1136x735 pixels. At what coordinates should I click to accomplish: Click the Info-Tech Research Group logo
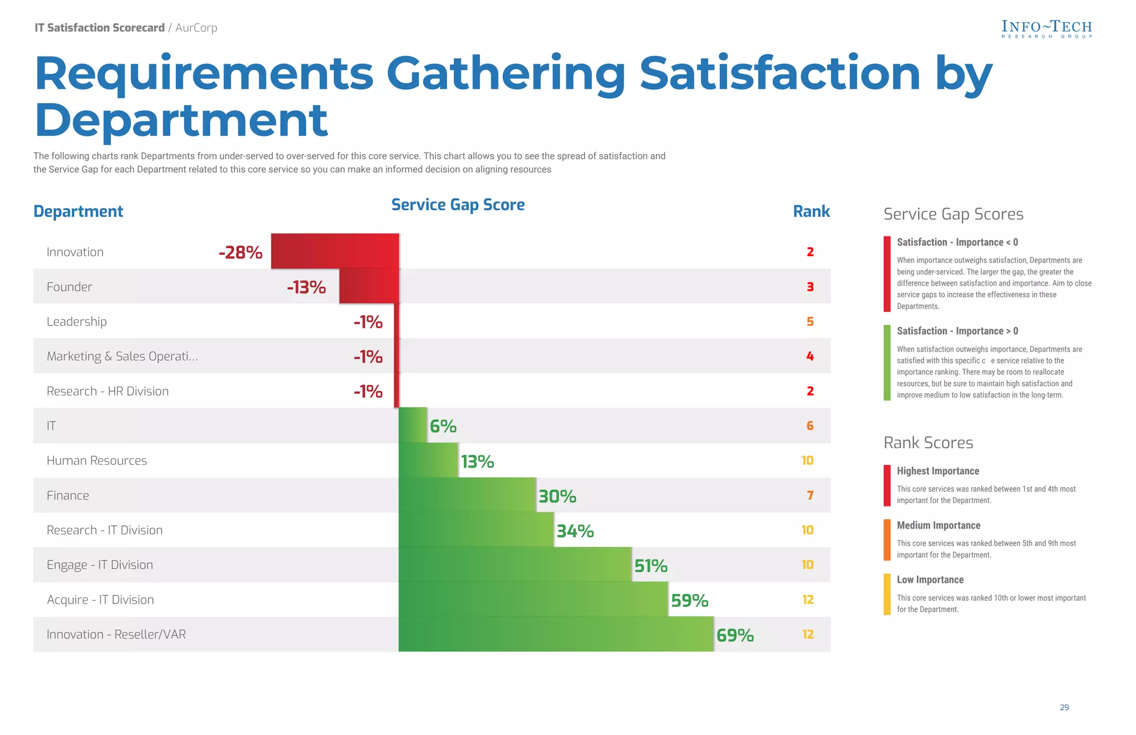pos(1046,29)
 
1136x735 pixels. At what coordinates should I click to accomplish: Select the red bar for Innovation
pos(334,251)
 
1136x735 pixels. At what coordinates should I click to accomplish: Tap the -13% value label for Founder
pos(306,287)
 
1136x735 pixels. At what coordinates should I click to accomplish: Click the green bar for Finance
pos(467,495)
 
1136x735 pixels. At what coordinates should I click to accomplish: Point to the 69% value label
pos(735,635)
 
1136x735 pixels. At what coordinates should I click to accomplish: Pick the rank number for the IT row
pos(810,426)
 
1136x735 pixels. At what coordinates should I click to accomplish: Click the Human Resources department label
pos(97,460)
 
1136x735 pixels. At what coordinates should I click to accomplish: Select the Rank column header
pos(811,211)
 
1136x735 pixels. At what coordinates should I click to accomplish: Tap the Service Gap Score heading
pos(458,205)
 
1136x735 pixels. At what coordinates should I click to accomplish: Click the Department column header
pos(78,211)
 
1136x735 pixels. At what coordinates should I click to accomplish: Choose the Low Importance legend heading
pos(930,580)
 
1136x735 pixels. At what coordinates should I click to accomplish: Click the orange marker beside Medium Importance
pos(887,540)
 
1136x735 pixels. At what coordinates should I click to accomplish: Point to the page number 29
pos(1064,707)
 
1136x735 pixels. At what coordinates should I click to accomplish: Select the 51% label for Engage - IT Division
pos(651,566)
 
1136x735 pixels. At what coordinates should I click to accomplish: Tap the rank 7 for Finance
pos(810,495)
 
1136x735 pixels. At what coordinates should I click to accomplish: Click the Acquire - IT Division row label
pos(100,600)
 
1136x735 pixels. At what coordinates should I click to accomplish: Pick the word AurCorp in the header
pos(196,28)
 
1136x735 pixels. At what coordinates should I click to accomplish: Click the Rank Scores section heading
pos(928,443)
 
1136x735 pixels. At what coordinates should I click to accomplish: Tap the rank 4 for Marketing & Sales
pos(810,356)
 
